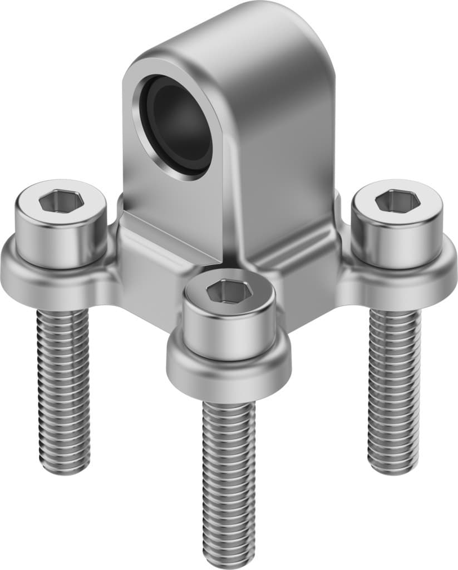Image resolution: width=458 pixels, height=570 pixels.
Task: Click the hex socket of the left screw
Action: (61, 200)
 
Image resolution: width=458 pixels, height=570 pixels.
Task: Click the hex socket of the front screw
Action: (228, 291)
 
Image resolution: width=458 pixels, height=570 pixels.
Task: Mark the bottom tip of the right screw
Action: (392, 470)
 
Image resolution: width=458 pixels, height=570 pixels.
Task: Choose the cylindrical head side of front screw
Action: (229, 331)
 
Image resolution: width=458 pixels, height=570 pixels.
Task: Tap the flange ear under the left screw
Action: (33, 278)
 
